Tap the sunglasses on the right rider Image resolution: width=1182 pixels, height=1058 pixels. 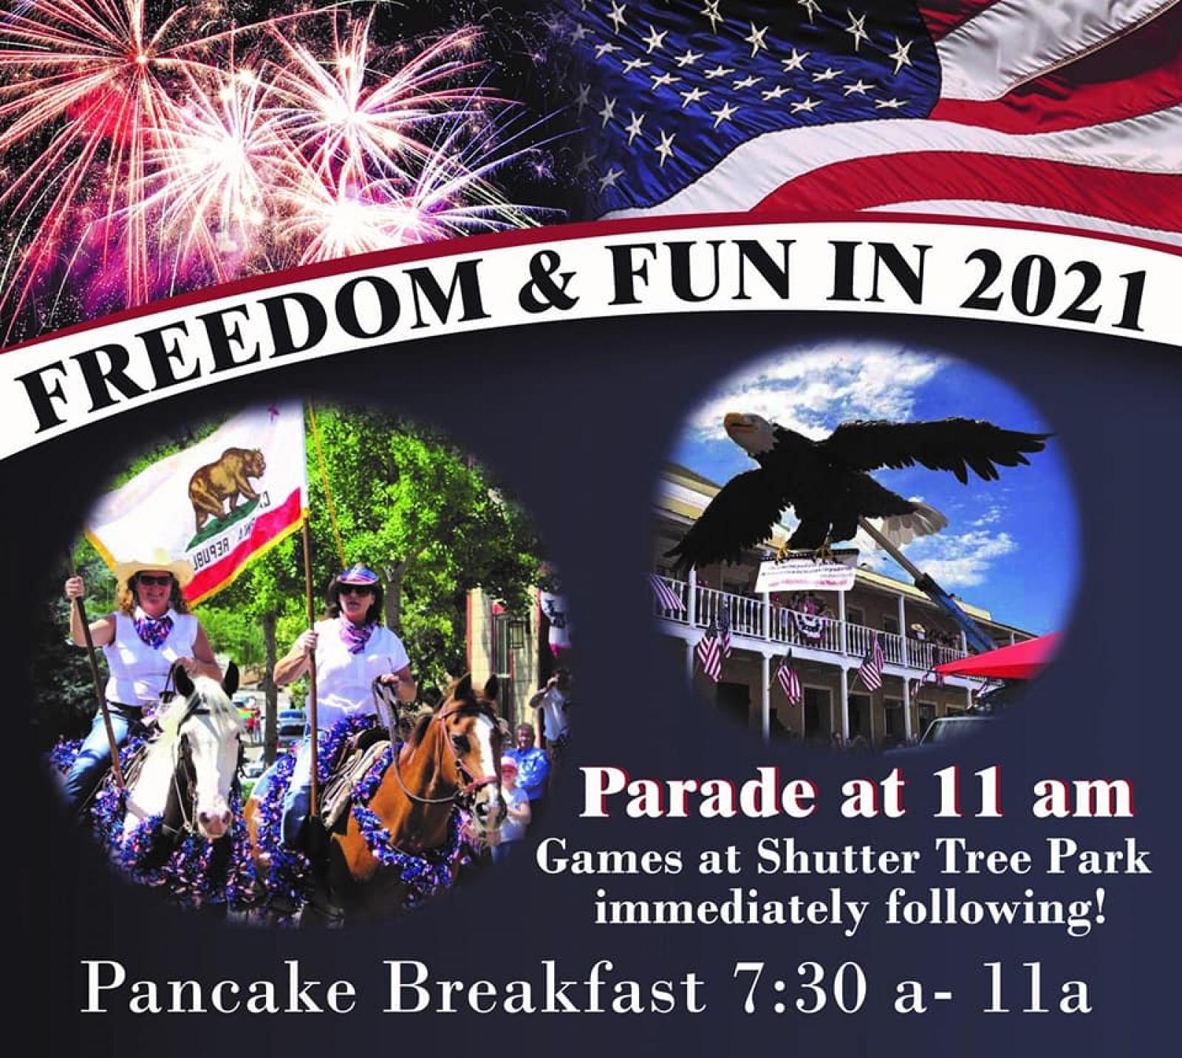point(356,589)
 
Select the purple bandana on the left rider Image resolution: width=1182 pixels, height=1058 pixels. point(154,629)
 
